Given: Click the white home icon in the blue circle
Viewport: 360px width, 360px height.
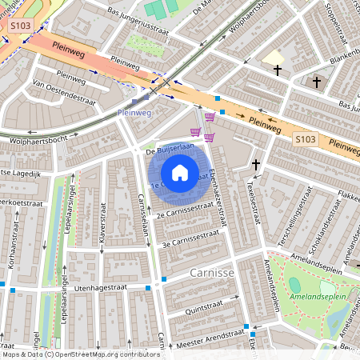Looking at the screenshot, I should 180,173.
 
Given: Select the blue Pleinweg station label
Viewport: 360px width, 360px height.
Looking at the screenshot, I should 134,114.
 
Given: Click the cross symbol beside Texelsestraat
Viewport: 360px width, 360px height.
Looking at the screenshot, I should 256,164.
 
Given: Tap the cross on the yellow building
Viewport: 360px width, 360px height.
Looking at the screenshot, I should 278,70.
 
